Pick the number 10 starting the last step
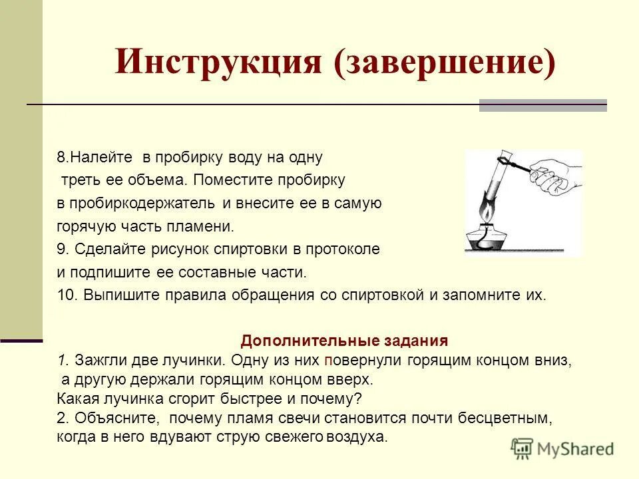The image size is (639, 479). click(x=67, y=295)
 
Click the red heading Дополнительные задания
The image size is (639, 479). click(x=344, y=341)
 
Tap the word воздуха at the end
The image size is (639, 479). click(x=357, y=437)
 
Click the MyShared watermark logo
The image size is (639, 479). click(x=562, y=448)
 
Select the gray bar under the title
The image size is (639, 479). click(x=542, y=105)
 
